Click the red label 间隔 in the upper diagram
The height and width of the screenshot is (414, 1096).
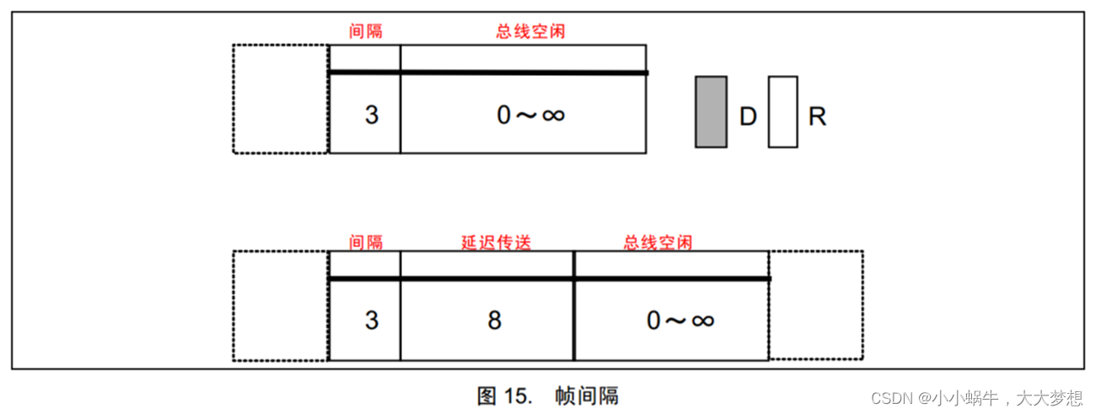point(366,32)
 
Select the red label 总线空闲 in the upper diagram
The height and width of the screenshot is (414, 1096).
point(530,32)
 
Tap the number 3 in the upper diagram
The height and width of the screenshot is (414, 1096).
point(372,115)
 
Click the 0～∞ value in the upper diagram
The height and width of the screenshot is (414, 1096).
point(530,115)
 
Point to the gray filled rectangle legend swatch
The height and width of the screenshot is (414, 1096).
point(711,112)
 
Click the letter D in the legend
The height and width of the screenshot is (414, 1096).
point(748,117)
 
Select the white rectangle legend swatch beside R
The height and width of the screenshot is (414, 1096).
point(782,112)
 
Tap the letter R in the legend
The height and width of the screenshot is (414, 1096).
point(817,117)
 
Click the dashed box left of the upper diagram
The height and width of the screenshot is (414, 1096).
point(281,99)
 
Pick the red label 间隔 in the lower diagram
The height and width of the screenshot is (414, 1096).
point(366,242)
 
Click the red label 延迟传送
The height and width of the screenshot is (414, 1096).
point(496,242)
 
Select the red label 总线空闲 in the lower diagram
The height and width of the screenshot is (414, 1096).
point(658,242)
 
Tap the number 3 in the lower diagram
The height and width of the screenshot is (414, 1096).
point(372,320)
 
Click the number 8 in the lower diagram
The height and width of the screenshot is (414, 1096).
point(494,320)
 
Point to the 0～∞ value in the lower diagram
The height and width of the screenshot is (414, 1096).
point(680,320)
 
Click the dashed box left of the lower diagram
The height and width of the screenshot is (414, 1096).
point(281,306)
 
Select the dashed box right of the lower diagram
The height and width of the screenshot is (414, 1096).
point(816,306)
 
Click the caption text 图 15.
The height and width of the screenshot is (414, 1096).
point(504,395)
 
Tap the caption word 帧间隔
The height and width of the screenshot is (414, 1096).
point(587,395)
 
